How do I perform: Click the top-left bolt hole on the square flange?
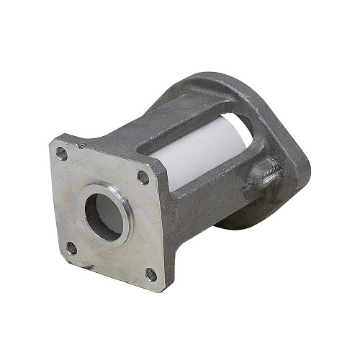click(62, 153)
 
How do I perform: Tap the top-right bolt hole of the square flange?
click(143, 176)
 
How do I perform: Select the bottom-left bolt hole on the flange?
click(71, 249)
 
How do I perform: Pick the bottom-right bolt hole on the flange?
click(150, 274)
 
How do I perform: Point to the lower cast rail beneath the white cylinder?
click(209, 194)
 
